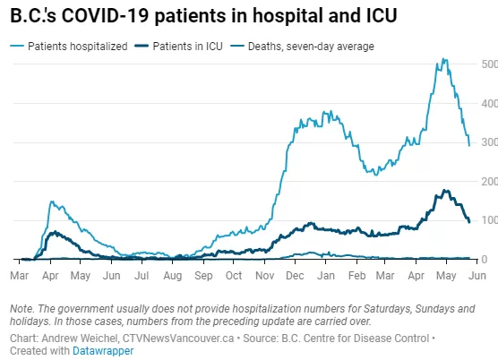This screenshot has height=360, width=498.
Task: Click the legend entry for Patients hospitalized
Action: pos(69,47)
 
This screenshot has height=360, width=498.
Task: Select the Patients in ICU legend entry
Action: pos(178,47)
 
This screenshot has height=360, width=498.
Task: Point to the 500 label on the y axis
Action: pos(489,64)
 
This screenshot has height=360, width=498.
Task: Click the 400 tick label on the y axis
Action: pos(489,104)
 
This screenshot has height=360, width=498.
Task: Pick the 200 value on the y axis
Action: pos(489,182)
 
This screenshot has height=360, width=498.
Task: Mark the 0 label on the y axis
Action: pos(485,260)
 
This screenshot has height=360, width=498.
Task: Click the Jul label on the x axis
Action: pos(142,275)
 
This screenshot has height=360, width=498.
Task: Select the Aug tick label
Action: pos(173,276)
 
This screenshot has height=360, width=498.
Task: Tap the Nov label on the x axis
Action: pos(265,275)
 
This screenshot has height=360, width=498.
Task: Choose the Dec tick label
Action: pos(295,275)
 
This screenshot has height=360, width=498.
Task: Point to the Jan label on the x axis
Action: pos(326,275)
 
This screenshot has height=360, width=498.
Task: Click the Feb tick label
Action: pos(357,275)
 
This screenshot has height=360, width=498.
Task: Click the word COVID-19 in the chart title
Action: pos(105,15)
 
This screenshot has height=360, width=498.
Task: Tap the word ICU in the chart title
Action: pos(382,15)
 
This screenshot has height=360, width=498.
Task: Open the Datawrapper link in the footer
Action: pos(103,351)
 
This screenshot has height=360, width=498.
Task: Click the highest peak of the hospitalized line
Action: pos(442,59)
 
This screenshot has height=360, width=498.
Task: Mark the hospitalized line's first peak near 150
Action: pos(52,201)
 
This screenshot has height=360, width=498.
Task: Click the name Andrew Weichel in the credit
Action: pos(81,339)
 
